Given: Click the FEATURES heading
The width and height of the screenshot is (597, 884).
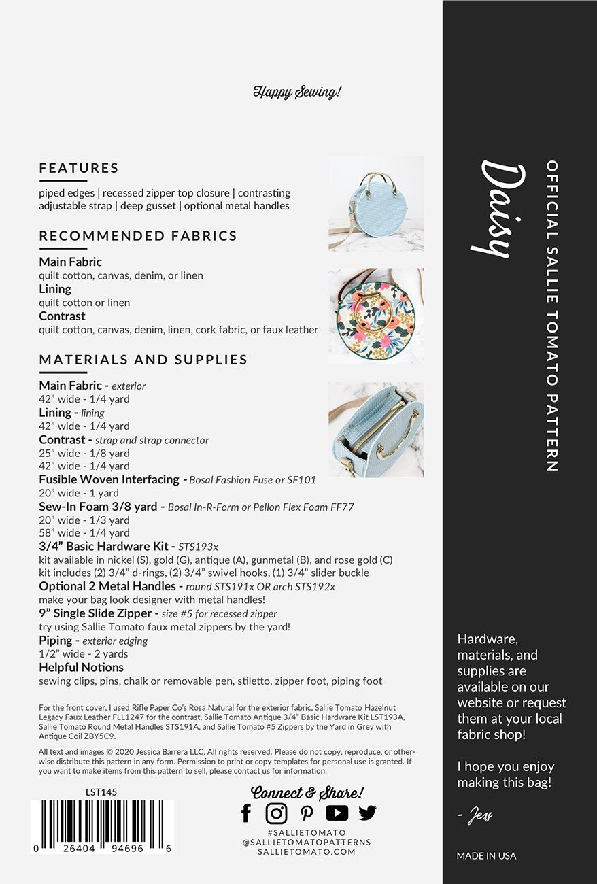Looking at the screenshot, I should [79, 168].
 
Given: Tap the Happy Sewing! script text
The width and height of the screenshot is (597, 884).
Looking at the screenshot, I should [297, 92].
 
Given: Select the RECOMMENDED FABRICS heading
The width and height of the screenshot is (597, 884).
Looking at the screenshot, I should [138, 236].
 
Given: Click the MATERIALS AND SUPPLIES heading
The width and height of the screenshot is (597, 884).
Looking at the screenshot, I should [143, 360].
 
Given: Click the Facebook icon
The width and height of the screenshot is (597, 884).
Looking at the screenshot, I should [246, 813].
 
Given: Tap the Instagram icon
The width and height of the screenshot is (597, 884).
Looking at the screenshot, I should [276, 813].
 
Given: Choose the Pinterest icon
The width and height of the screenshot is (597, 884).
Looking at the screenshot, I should [307, 813].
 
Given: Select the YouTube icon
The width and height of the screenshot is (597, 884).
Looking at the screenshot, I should [337, 813].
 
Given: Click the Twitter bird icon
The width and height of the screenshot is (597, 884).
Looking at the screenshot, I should [367, 813].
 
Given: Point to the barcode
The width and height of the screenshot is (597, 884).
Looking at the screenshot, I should [102, 827].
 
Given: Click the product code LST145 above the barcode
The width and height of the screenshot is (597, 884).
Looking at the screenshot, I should [101, 792].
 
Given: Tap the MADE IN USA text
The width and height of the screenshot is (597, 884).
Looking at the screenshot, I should [486, 855].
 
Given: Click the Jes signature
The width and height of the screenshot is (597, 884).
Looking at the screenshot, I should [479, 815].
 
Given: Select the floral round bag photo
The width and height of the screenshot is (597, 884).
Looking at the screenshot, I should [376, 316].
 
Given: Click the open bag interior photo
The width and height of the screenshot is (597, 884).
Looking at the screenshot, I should [376, 430].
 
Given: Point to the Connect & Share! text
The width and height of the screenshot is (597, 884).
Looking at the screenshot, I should [307, 792].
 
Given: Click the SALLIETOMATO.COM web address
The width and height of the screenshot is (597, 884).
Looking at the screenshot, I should [307, 851].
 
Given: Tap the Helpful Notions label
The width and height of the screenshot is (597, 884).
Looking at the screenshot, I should [81, 667].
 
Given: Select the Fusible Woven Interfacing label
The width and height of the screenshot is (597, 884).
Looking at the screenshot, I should [109, 479].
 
